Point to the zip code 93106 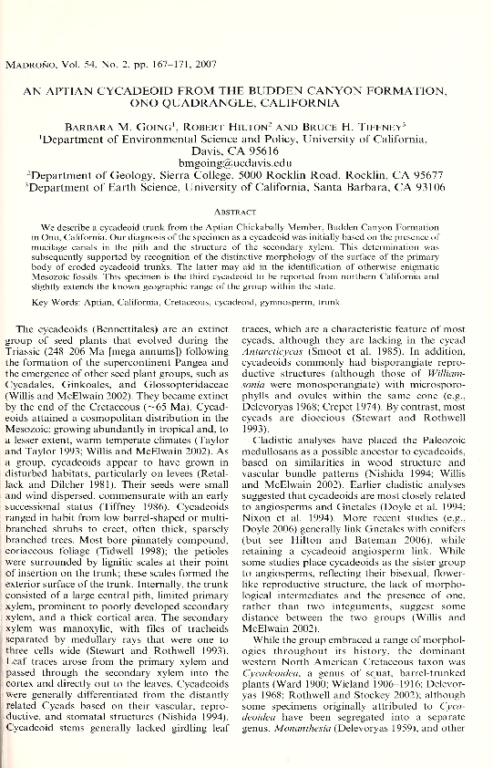coord(426,186)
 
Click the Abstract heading coord(247,208)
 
